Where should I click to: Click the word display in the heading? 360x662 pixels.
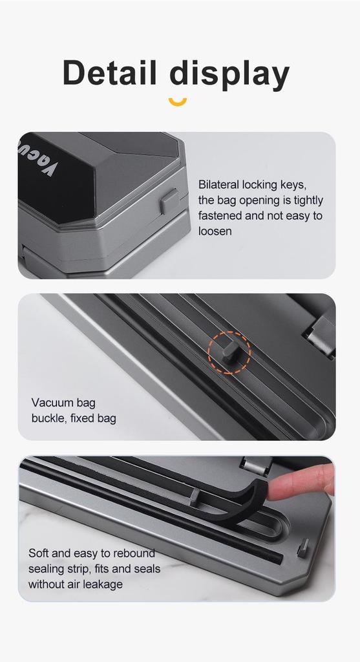230,74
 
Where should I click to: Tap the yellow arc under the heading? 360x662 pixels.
177,101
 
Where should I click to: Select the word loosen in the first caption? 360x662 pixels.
215,231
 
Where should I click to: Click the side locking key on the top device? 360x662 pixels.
170,201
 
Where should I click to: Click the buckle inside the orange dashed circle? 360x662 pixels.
229,352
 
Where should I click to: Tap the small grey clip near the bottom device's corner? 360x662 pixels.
302,548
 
